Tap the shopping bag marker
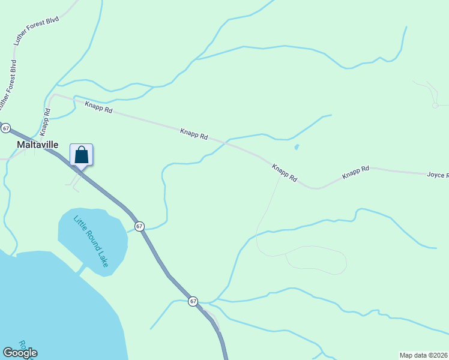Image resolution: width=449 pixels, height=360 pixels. tap(82, 155)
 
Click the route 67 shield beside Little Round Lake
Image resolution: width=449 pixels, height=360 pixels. tap(139, 226)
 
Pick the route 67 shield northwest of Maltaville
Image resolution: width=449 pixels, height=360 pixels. tap(6, 128)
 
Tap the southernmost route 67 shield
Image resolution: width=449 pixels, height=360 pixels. tap(193, 301)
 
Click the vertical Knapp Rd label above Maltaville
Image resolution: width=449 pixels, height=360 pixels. tap(45, 120)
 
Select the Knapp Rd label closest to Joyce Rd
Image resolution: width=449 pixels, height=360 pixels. tap(355, 173)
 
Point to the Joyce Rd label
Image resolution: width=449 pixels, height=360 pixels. tap(437, 175)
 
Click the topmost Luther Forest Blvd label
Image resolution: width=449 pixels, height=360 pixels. tap(29, 29)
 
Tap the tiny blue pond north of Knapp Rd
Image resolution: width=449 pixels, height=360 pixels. tap(297, 147)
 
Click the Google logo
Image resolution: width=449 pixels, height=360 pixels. tap(20, 353)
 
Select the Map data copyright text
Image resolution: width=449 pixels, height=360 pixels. tap(423, 355)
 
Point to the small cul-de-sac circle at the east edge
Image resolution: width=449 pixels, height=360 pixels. tap(435, 106)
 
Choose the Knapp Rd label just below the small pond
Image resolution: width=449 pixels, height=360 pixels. tap(285, 173)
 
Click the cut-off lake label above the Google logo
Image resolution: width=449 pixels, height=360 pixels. tap(23, 345)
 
